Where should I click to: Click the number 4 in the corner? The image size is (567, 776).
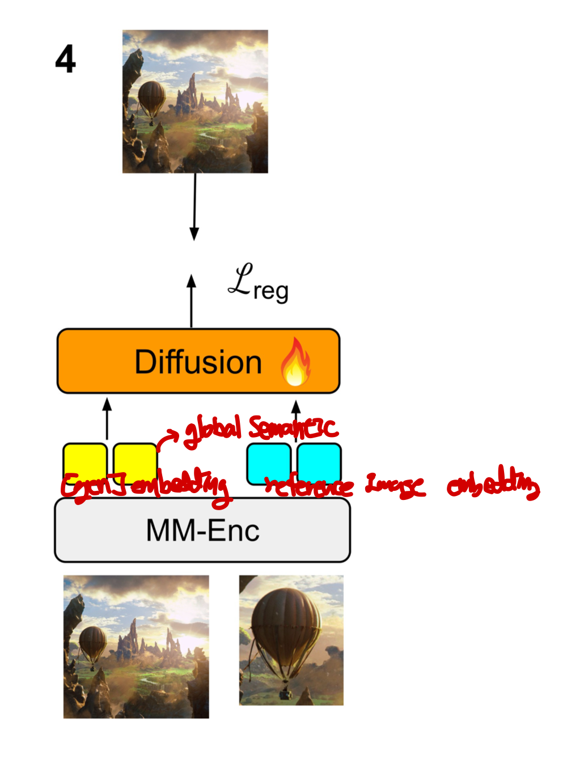click(x=65, y=59)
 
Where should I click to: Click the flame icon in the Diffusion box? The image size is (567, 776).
click(x=295, y=362)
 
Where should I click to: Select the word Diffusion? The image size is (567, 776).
click(x=198, y=362)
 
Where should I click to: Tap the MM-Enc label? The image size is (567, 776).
click(x=202, y=531)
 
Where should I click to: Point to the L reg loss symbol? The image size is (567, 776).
click(x=257, y=283)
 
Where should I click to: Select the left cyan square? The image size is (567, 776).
click(x=269, y=462)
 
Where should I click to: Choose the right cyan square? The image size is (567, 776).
click(x=319, y=462)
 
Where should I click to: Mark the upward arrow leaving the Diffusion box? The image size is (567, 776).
click(x=192, y=300)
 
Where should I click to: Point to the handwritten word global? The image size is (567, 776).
click(x=213, y=430)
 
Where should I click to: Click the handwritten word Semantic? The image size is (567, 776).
click(x=293, y=429)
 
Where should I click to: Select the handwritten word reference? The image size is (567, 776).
click(x=310, y=486)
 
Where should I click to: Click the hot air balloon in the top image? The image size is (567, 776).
click(x=152, y=97)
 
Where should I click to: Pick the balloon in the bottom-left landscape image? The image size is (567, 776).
click(x=92, y=642)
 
